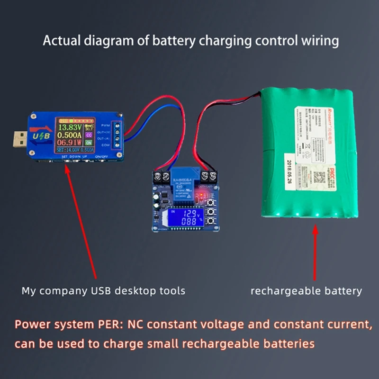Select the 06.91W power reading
click(x=68, y=142)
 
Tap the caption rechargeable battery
click(x=306, y=290)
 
